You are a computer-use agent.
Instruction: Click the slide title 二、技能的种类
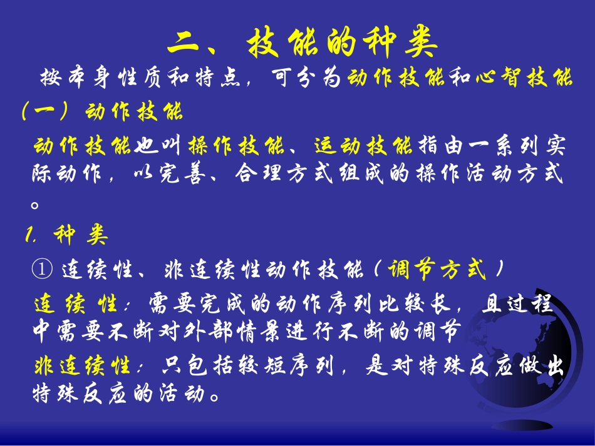(303, 43)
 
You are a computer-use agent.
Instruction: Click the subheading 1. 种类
(67, 236)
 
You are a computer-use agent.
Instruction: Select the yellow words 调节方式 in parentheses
(437, 270)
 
